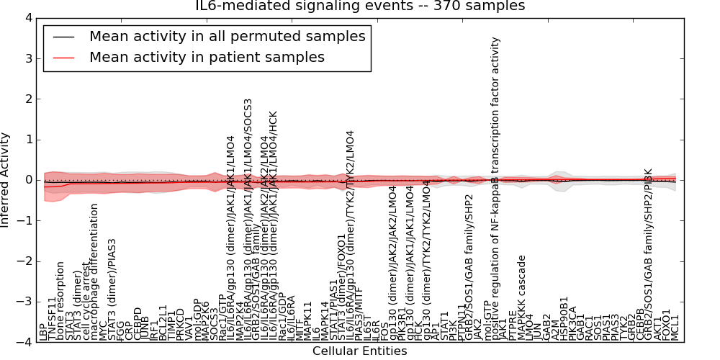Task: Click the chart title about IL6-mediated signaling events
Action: click(x=360, y=6)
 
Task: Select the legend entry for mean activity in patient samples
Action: click(x=207, y=57)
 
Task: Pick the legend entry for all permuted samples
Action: click(x=227, y=36)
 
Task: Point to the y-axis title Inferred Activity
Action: click(x=6, y=180)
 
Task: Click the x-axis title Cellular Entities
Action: click(x=360, y=351)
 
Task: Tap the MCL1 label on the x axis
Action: click(x=675, y=328)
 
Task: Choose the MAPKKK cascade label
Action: click(x=522, y=297)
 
